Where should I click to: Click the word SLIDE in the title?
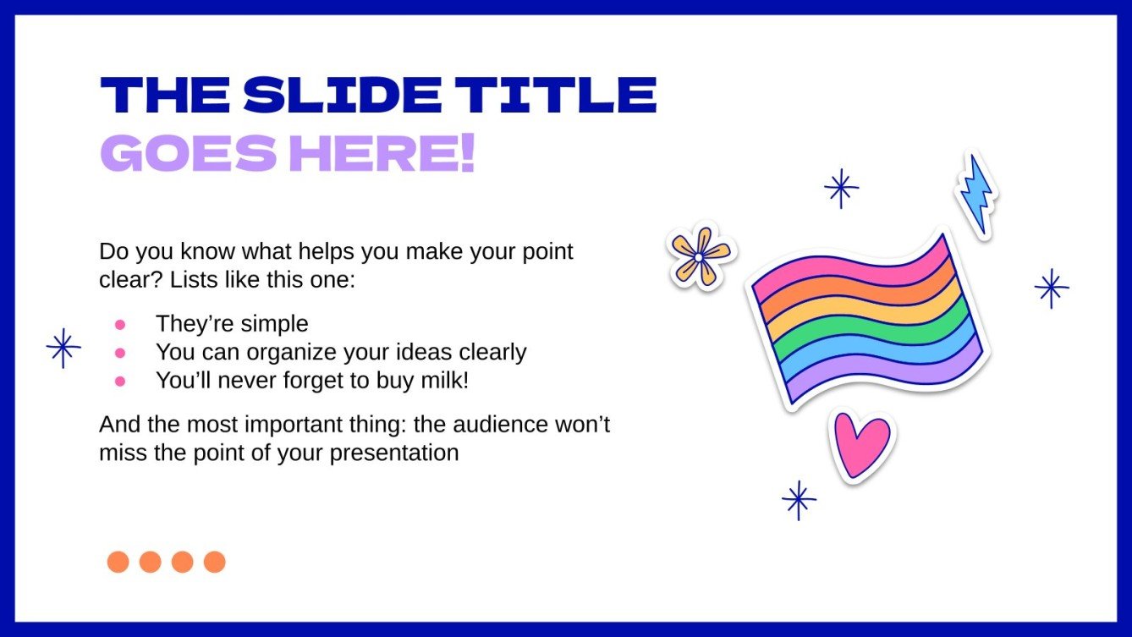(342, 96)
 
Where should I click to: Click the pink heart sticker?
(861, 443)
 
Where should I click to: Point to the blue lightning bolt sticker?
(975, 194)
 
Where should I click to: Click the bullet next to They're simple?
(120, 324)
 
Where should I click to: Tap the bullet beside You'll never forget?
(120, 382)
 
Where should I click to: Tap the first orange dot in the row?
(118, 562)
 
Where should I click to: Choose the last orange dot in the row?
(215, 562)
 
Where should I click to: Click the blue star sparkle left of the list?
(63, 348)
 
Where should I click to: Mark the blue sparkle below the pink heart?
(799, 500)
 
